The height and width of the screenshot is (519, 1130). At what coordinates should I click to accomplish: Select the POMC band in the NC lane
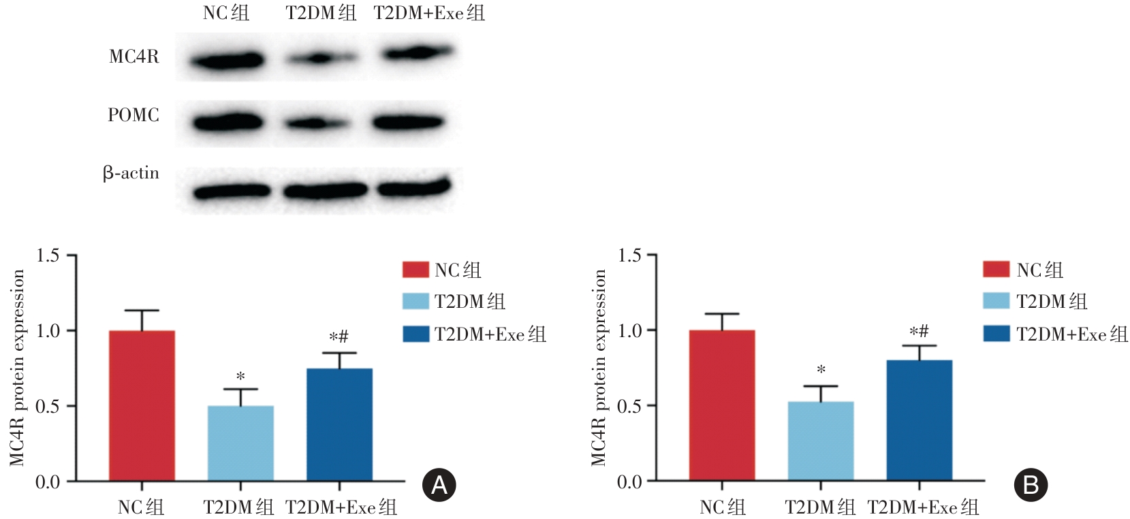(x=227, y=123)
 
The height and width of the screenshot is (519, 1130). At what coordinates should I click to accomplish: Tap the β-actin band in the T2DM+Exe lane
(x=414, y=187)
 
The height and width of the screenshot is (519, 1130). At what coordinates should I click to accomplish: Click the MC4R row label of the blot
(x=134, y=57)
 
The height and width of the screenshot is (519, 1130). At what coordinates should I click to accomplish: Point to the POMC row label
(x=134, y=115)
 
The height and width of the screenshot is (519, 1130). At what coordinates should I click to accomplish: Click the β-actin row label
(x=131, y=174)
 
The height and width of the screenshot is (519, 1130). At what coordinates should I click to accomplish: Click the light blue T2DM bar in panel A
(x=240, y=443)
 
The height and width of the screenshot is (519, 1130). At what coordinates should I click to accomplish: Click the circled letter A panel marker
(x=439, y=485)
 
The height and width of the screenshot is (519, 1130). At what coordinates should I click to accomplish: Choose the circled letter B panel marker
(x=1031, y=485)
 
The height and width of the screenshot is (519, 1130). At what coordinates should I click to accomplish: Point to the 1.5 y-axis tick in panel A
(x=48, y=255)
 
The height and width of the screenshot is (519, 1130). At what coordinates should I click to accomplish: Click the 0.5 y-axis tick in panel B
(x=629, y=406)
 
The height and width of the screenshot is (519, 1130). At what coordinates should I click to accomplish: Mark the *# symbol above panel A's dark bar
(x=339, y=336)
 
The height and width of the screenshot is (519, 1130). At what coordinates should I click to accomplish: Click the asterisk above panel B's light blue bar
(x=821, y=371)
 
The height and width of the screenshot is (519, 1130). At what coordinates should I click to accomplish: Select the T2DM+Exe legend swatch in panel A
(x=415, y=334)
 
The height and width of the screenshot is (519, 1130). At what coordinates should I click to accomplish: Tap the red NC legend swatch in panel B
(x=996, y=269)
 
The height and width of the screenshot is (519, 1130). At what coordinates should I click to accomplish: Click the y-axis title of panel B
(x=599, y=368)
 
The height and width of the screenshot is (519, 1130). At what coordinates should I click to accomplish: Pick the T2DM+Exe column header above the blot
(x=429, y=12)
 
